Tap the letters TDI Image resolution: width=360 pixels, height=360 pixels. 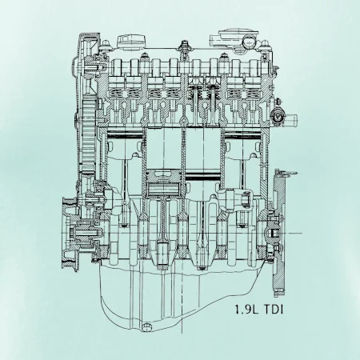[273, 310]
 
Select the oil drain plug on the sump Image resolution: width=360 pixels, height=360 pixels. [146, 326]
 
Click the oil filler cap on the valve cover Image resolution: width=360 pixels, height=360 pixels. [131, 41]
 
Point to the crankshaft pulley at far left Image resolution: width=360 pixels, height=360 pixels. [70, 234]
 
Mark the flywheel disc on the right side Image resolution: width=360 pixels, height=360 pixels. [279, 234]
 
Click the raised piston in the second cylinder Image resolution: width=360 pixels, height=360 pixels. [164, 182]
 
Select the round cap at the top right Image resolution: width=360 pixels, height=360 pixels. [250, 42]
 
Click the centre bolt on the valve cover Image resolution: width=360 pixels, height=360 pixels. [184, 46]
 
